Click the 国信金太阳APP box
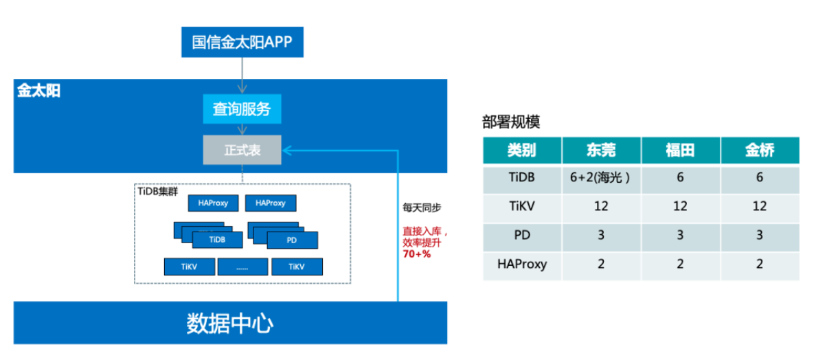(x=242, y=43)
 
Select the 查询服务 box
(x=242, y=109)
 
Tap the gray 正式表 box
(x=242, y=150)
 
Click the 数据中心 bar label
(x=230, y=324)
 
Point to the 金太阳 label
(x=38, y=91)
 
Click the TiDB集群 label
(x=158, y=191)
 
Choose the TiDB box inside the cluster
(x=217, y=240)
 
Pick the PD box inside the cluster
(x=292, y=240)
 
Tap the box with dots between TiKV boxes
(x=242, y=267)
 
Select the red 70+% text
(x=416, y=254)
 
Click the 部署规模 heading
(x=511, y=122)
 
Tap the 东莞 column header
(x=601, y=150)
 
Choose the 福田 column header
(x=680, y=150)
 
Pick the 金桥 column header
(x=760, y=150)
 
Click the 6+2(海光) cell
(x=601, y=177)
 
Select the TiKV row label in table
(x=522, y=206)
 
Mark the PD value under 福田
(x=680, y=235)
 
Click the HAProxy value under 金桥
(x=760, y=264)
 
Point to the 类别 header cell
(x=522, y=150)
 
